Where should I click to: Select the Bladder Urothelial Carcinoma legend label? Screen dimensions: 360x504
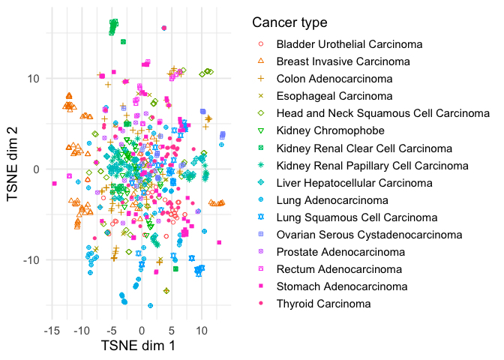349,44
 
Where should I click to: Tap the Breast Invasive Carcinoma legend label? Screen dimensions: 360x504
343,61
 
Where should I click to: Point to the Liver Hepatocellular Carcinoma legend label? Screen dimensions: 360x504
354,183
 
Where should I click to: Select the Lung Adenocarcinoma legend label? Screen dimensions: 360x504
332,200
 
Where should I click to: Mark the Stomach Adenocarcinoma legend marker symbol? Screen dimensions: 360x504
260,286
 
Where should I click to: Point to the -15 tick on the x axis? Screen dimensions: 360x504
52,330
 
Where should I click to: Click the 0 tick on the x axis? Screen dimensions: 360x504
142,330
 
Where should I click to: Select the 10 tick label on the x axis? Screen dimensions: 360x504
202,330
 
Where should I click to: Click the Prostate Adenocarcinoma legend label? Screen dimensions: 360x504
337,252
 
